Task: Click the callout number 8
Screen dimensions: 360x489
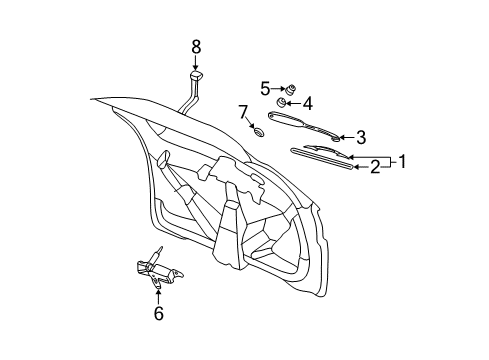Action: [x=196, y=45]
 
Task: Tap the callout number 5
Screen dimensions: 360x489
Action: [x=266, y=87]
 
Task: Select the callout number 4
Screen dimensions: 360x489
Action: [x=308, y=102]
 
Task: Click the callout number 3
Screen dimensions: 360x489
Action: [x=361, y=137]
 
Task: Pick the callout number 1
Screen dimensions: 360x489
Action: [x=402, y=159]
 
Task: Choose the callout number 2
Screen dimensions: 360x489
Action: [x=375, y=167]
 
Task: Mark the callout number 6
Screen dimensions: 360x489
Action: [x=158, y=315]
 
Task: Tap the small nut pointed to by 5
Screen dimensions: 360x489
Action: [x=289, y=89]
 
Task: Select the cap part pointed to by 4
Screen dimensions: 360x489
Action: [x=283, y=103]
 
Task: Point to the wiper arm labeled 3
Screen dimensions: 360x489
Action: [x=305, y=126]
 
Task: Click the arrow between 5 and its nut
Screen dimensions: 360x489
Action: [x=278, y=88]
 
